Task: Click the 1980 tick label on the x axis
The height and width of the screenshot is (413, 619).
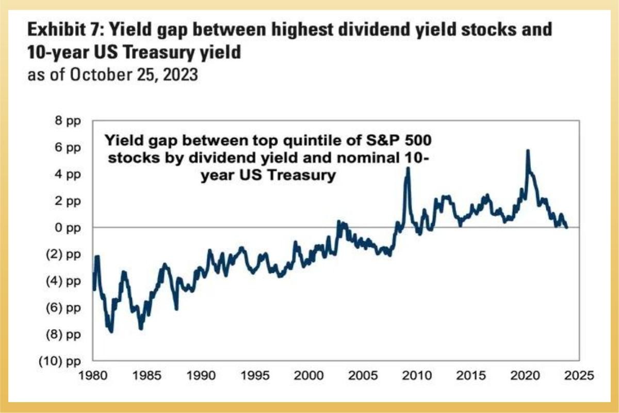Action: (93, 373)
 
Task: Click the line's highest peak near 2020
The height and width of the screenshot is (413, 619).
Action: (527, 151)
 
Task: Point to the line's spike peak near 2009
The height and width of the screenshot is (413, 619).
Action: (408, 168)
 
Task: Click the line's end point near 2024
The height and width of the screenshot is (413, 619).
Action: (566, 227)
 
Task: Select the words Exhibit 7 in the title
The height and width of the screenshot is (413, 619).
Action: (59, 29)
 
